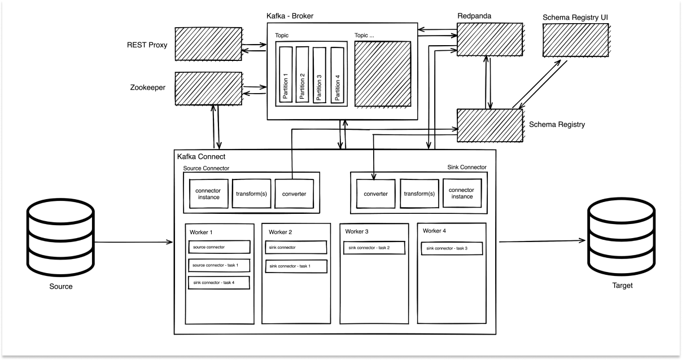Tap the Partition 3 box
pos(320,76)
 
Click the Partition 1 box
pos(286,76)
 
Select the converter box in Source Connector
pos(294,194)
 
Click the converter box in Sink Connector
pos(376,194)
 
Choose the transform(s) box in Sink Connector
pos(419,194)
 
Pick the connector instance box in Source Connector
pos(208,194)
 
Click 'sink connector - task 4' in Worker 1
pos(218,282)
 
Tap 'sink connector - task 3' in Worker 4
pos(451,248)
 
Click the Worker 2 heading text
pos(280,232)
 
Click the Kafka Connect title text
pos(201,156)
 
